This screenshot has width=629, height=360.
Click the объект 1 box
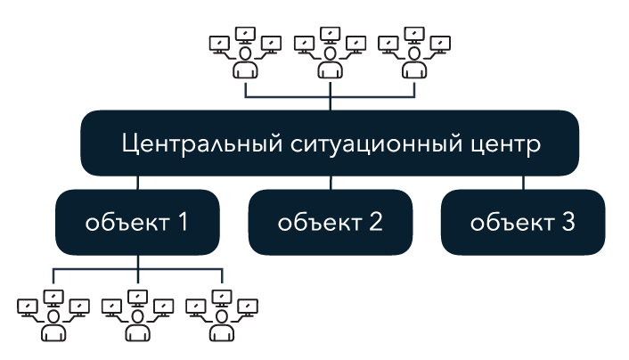(137, 222)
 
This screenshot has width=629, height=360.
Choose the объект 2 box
(330, 222)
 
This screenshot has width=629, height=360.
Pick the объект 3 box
(522, 222)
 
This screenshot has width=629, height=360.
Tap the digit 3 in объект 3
(568, 221)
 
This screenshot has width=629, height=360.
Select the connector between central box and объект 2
(331, 183)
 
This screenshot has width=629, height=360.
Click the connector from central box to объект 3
(523, 183)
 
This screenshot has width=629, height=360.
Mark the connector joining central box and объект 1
(138, 183)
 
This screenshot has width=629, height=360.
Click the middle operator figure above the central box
(331, 64)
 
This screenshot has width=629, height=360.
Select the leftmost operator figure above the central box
(245, 64)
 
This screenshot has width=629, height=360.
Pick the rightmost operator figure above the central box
(413, 64)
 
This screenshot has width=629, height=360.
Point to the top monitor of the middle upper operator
(331, 35)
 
